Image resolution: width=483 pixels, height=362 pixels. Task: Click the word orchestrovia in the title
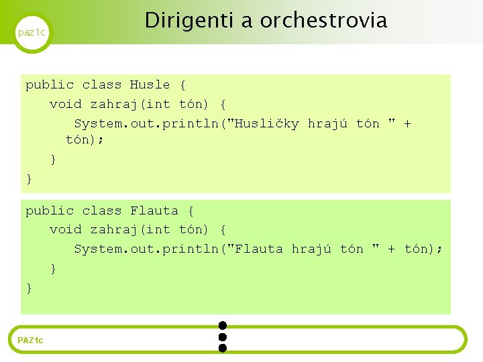coord(323,21)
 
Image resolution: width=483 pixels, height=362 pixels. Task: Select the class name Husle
coord(150,85)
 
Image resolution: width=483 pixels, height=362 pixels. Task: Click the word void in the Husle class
coord(65,105)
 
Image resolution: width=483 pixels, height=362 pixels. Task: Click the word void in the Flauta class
coord(65,230)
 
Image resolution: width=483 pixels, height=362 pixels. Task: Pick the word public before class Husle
coord(50,85)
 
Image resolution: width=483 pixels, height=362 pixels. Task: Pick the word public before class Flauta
coord(50,211)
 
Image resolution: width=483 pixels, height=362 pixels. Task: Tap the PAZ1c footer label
coord(30,341)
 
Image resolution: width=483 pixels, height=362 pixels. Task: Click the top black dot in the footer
coord(223,325)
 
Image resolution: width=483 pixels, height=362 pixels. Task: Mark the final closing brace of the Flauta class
coord(29,288)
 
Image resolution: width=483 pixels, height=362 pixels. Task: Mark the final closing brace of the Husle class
coord(29,179)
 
